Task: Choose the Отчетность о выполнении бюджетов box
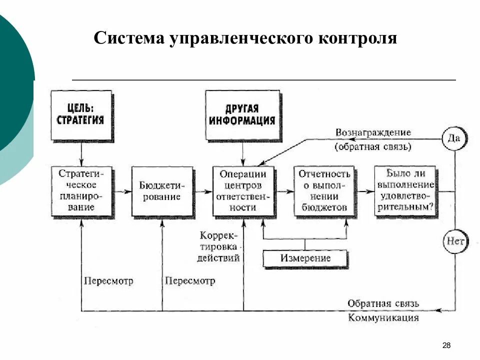click(x=324, y=190)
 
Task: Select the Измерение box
click(x=305, y=258)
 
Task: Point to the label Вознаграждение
click(x=373, y=133)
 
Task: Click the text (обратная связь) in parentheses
click(x=373, y=147)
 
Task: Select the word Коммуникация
click(x=383, y=318)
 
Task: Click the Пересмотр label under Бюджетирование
click(x=190, y=281)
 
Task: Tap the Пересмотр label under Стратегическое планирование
click(x=108, y=281)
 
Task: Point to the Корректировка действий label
click(x=219, y=247)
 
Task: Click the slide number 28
click(x=446, y=345)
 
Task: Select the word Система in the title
click(x=128, y=38)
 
